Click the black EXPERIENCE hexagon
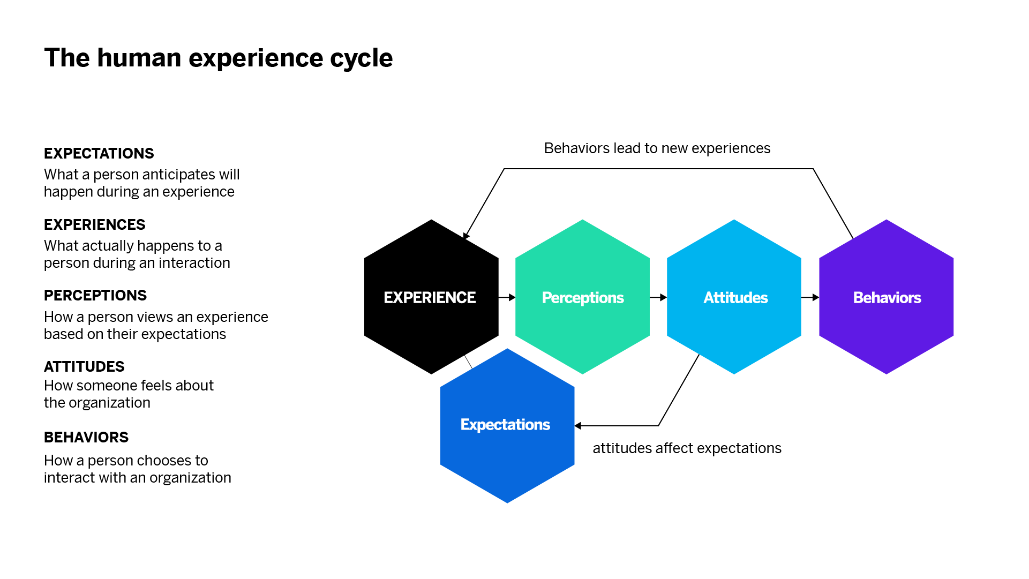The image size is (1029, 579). click(x=431, y=297)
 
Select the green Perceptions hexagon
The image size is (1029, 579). click(x=582, y=297)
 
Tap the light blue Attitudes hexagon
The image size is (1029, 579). click(x=734, y=297)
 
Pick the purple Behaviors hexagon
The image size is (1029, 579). click(x=887, y=297)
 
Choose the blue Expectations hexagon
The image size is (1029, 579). click(x=507, y=426)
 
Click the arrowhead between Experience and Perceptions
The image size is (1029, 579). click(x=512, y=297)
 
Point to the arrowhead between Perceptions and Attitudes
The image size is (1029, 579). click(x=664, y=297)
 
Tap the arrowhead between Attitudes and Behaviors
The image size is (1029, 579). click(x=816, y=297)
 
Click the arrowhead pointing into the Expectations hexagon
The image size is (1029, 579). click(x=578, y=426)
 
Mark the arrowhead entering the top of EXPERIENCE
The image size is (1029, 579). click(x=466, y=236)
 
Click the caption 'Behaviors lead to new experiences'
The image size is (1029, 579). click(x=657, y=148)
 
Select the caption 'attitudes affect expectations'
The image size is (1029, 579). click(x=687, y=448)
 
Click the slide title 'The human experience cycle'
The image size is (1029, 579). click(x=219, y=58)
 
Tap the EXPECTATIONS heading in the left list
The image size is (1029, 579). click(x=99, y=154)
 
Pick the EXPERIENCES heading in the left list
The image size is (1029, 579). click(x=95, y=225)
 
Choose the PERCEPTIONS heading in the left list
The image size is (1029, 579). click(x=95, y=296)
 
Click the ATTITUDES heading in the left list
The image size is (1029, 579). click(x=84, y=367)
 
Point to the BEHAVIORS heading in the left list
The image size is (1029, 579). click(x=86, y=438)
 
